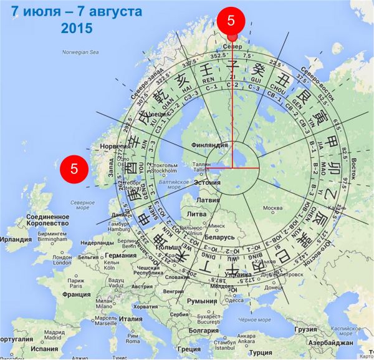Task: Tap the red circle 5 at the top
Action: click(231, 21)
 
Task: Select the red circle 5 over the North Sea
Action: click(74, 168)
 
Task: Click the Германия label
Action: click(120, 255)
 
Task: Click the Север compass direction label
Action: click(232, 47)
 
